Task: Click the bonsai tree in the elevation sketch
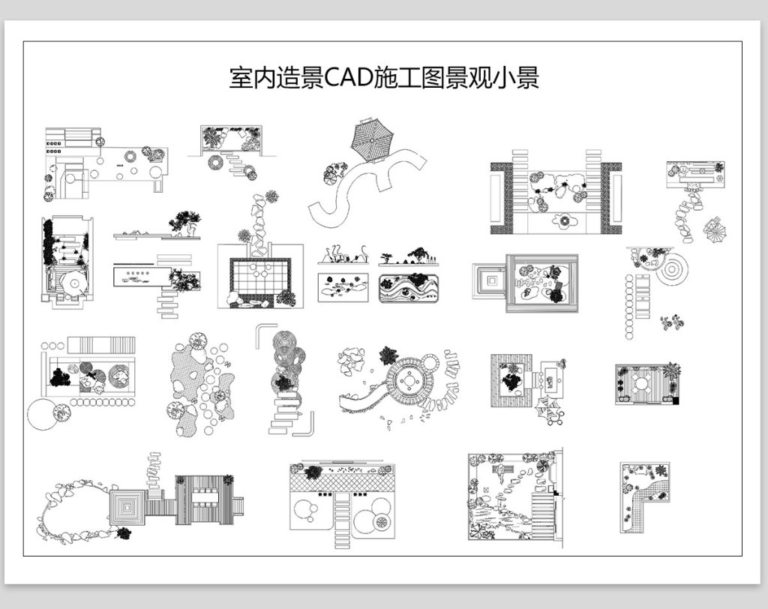pos(184,222)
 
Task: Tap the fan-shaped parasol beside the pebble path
pos(714,228)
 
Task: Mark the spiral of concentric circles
pos(672,268)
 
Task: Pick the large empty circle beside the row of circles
pos(42,415)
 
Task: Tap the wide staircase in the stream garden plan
pos(542,510)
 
